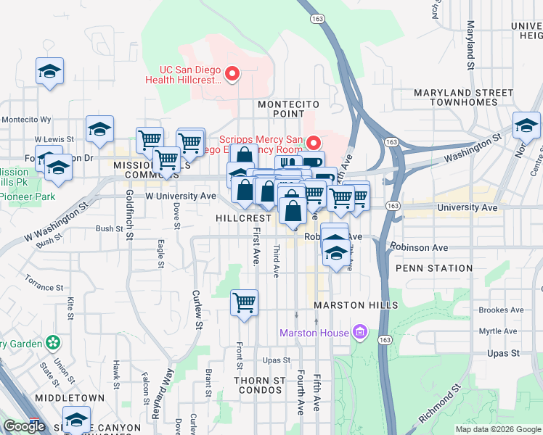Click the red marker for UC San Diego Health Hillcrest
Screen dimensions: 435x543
click(x=232, y=73)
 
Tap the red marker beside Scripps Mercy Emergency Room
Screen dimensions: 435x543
click(x=314, y=142)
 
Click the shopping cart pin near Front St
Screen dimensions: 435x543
click(x=245, y=302)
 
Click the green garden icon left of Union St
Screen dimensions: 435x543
click(x=52, y=341)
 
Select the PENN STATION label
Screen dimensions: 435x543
click(x=434, y=268)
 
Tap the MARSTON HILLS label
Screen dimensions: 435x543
click(x=356, y=305)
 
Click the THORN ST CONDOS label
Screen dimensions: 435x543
click(x=259, y=385)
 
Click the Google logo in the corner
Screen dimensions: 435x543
click(x=24, y=426)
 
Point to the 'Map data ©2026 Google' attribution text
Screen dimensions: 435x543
click(x=498, y=429)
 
